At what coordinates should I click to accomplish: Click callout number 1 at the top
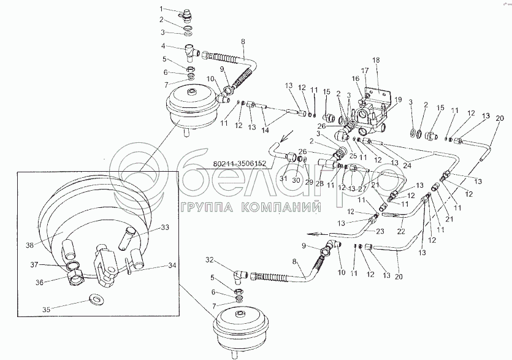point(162,9)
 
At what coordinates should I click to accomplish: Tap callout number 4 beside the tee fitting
point(162,46)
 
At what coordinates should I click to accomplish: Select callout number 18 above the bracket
point(376,60)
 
